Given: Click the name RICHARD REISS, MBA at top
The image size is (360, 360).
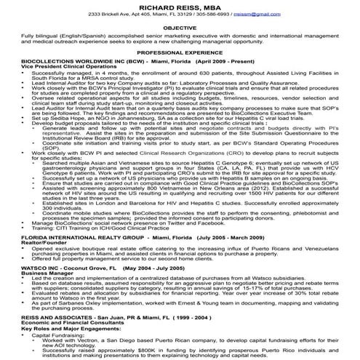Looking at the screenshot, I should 180,6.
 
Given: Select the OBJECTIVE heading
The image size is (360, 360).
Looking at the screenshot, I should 180,27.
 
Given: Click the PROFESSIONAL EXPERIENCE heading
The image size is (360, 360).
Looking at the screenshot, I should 180,53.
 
